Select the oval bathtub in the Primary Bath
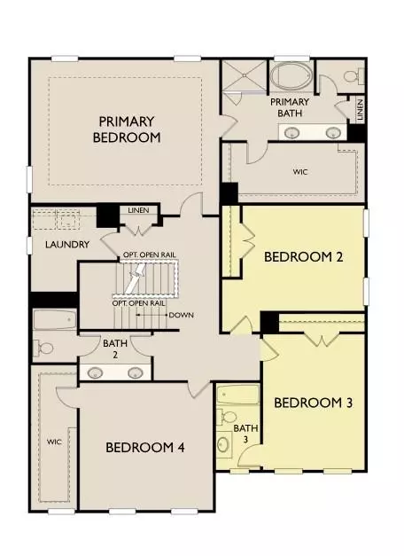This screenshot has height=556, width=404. tap(292, 75)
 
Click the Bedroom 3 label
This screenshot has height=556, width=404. tap(314, 403)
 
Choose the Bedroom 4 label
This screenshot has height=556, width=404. tap(144, 448)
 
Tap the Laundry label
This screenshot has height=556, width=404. tap(55, 244)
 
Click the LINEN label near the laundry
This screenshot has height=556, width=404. tap(139, 211)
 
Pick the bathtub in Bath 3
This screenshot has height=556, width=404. tap(237, 395)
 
